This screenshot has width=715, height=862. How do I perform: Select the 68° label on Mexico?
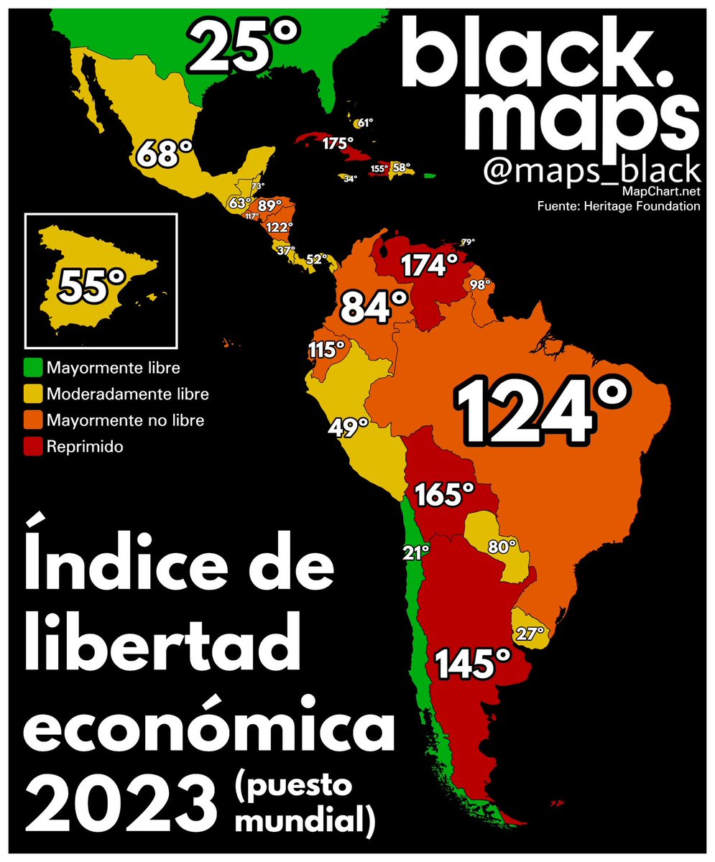click(165, 152)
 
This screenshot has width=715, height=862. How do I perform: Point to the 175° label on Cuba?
click(338, 144)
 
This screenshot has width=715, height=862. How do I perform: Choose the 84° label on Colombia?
click(374, 307)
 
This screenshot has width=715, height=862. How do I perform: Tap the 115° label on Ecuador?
click(326, 350)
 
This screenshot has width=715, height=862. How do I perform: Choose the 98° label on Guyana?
click(480, 284)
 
